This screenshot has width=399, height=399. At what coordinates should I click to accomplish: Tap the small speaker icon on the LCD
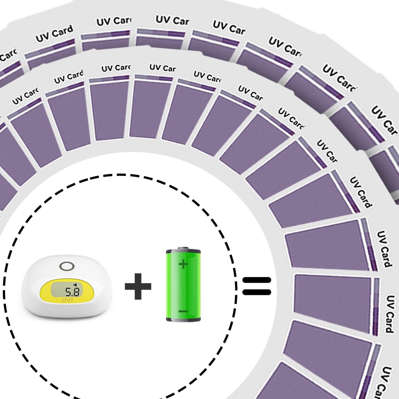click(75, 285)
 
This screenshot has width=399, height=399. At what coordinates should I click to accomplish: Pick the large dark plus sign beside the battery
click(138, 286)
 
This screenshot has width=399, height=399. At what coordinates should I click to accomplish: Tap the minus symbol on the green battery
click(183, 311)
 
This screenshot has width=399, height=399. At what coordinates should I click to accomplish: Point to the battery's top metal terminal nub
click(183, 248)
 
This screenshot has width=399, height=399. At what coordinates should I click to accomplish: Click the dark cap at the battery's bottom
click(183, 319)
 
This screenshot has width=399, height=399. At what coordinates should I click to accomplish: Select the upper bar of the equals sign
click(257, 280)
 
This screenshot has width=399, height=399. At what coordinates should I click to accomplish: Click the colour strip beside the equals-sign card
click(376, 305)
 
